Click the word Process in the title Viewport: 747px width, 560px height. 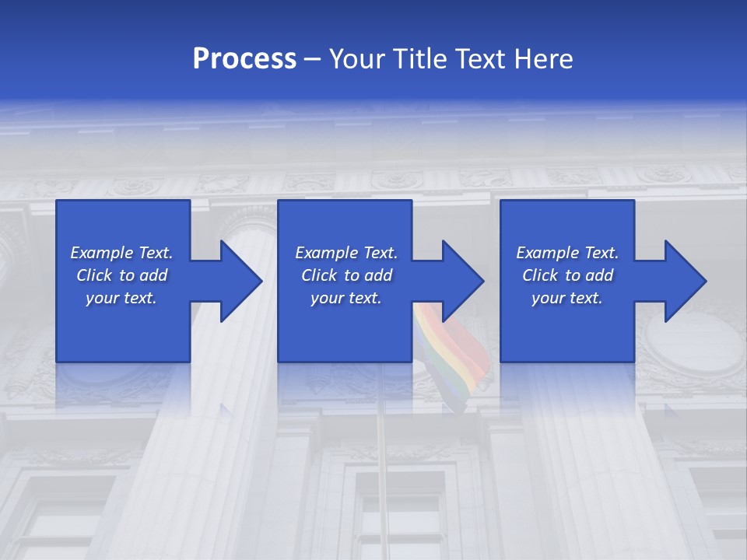click(244, 59)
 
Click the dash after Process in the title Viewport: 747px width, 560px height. click(313, 59)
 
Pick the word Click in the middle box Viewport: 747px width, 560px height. click(319, 275)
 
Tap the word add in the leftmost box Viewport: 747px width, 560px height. click(154, 275)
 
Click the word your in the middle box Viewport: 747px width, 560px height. click(326, 298)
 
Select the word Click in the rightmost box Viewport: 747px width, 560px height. click(540, 275)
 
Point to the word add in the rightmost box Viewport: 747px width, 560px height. click(600, 275)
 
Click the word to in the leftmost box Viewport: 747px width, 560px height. click(127, 275)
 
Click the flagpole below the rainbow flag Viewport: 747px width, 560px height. click(381, 467)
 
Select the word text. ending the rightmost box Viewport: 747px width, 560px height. click(586, 298)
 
